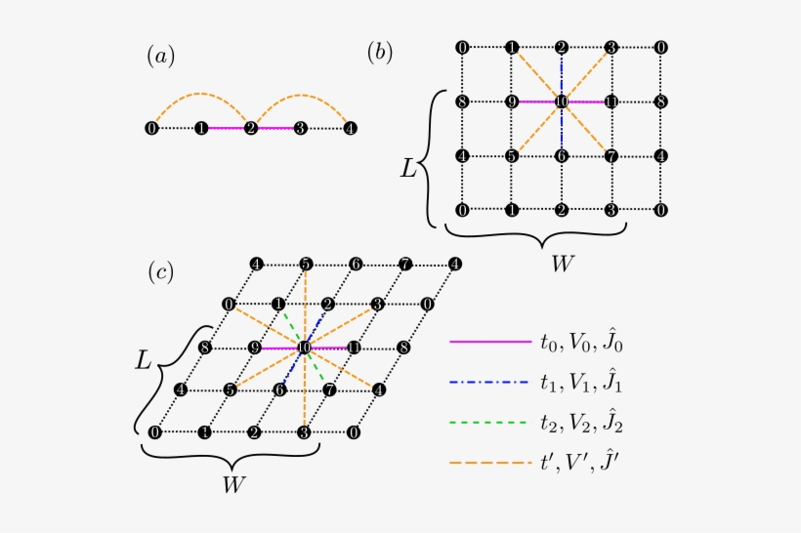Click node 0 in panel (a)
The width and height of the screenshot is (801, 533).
pyautogui.click(x=151, y=128)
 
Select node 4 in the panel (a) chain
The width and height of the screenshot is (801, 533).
pyautogui.click(x=351, y=128)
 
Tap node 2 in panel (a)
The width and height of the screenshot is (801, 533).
pyautogui.click(x=251, y=128)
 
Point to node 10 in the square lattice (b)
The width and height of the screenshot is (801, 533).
pyautogui.click(x=562, y=101)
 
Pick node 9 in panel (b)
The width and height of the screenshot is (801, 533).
pyautogui.click(x=512, y=101)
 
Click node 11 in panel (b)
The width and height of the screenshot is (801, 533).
pyautogui.click(x=611, y=101)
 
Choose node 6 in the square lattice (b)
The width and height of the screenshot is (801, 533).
pyautogui.click(x=562, y=154)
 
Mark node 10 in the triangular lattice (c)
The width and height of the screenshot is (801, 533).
pyautogui.click(x=305, y=348)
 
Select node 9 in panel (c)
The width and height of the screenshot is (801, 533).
pyautogui.click(x=254, y=348)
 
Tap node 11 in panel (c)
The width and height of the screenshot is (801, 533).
pyautogui.click(x=355, y=348)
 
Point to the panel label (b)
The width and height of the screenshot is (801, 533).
pyautogui.click(x=380, y=54)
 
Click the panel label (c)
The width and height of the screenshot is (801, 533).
pyautogui.click(x=160, y=272)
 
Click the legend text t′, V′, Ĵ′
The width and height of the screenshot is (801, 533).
pyautogui.click(x=580, y=469)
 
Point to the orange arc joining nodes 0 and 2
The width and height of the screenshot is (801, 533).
pyautogui.click(x=201, y=95)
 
